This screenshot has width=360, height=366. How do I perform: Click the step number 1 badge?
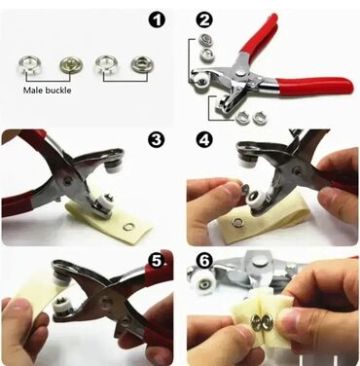click(x=157, y=20)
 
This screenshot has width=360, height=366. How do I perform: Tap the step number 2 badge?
click(x=204, y=20)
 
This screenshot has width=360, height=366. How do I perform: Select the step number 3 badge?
click(x=157, y=140)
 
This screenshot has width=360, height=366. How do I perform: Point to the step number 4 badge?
click(x=204, y=140)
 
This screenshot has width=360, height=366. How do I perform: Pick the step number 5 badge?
click(x=157, y=261)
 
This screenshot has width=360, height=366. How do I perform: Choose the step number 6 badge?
click(x=204, y=261)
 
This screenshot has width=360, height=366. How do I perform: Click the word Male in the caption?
click(x=33, y=90)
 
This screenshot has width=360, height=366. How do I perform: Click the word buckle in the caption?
click(x=58, y=90)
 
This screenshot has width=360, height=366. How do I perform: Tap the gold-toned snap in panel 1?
click(x=71, y=65)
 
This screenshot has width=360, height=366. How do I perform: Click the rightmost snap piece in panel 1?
click(x=142, y=64)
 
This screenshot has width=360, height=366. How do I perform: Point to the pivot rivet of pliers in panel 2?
click(x=241, y=74)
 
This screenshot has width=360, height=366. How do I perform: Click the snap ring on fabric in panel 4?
click(x=235, y=223)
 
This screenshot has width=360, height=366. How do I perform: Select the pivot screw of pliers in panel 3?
click(x=67, y=182)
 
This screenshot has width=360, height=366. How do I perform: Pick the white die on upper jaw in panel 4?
click(x=245, y=160)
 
